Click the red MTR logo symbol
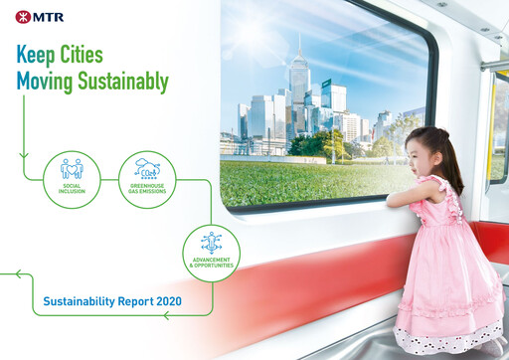22,16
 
